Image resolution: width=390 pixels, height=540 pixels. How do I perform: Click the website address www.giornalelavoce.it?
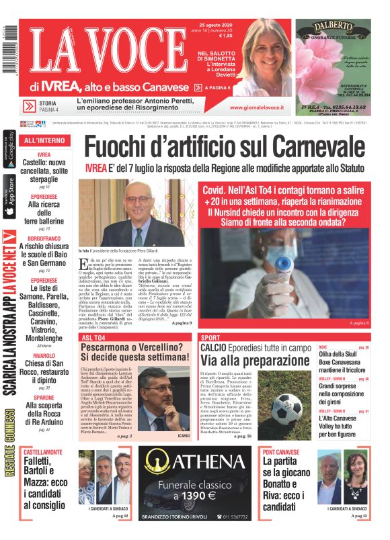tap(256, 107)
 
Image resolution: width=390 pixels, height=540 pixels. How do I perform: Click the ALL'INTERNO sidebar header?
tap(44, 140)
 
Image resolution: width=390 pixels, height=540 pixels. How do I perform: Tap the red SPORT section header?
tap(211, 337)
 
